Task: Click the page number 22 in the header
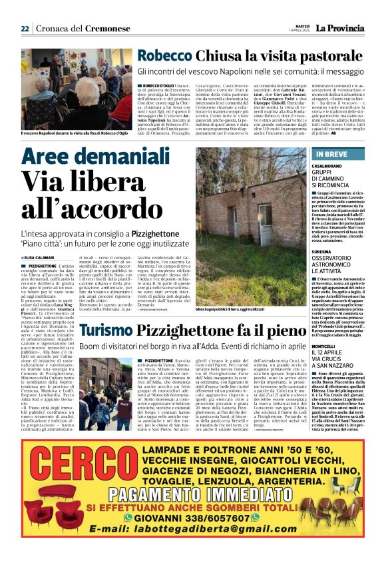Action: point(25,29)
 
